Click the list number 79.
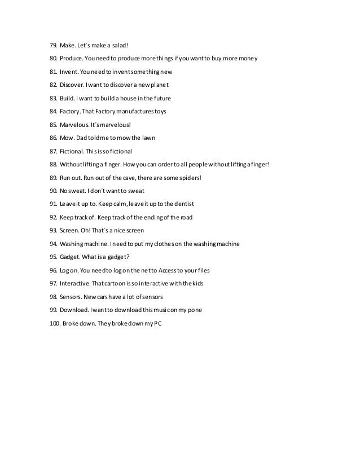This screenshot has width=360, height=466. coord(54,46)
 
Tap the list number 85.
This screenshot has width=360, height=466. coord(54,125)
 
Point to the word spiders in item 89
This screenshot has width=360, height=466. coord(189,177)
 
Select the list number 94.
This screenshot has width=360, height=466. coord(54,243)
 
